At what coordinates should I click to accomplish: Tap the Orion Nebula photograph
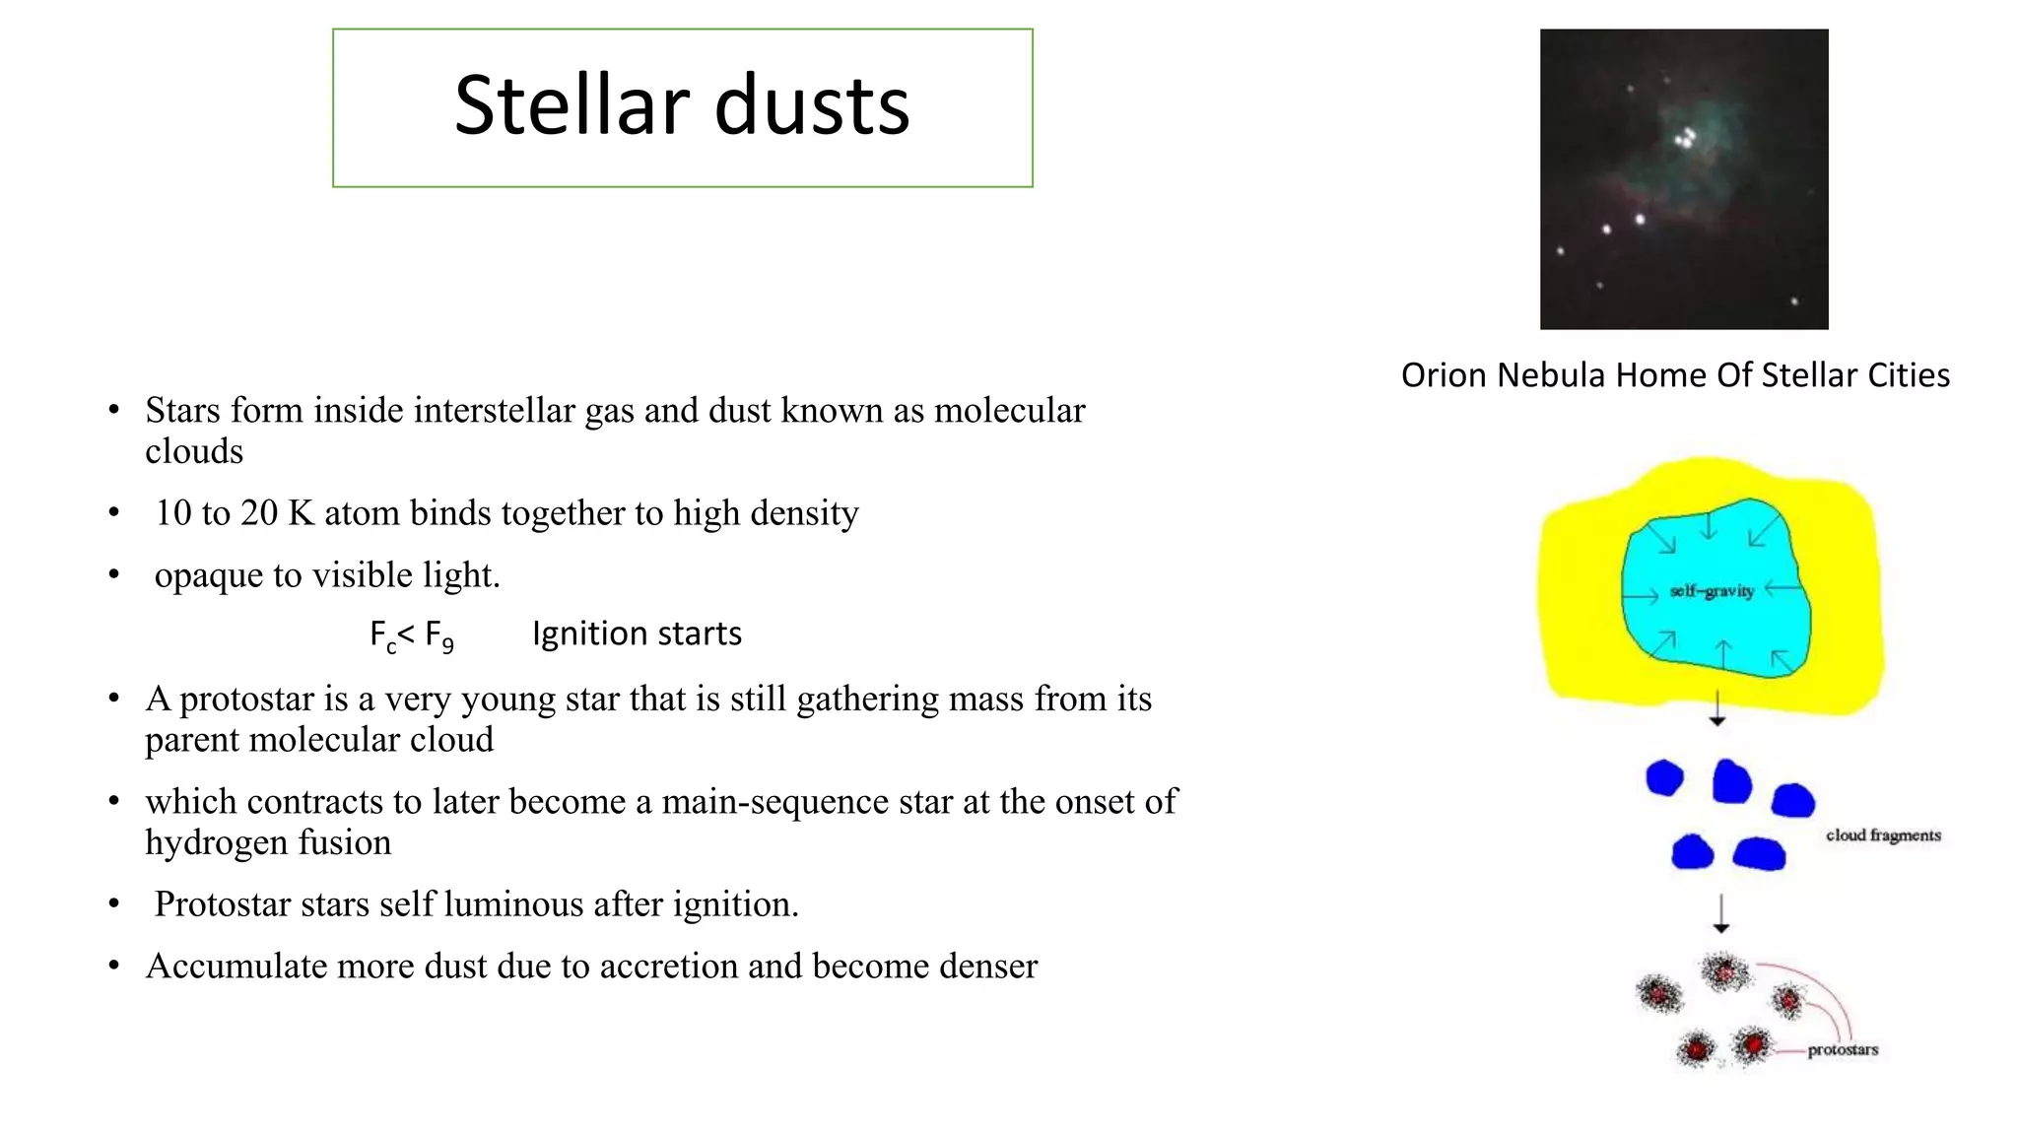coord(1683,178)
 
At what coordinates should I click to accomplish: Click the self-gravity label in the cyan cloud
coord(1712,591)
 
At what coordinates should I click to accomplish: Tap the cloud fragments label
coord(1883,835)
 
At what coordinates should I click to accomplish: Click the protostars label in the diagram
coord(1843,1050)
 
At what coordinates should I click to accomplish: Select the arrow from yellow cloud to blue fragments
coord(1717,708)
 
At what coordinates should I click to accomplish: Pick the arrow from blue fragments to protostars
coord(1720,913)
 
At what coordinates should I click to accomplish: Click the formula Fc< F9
coord(411,634)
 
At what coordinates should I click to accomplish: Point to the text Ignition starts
coord(637,634)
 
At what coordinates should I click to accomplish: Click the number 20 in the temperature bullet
coord(259,513)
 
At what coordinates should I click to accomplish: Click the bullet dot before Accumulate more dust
coord(114,966)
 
